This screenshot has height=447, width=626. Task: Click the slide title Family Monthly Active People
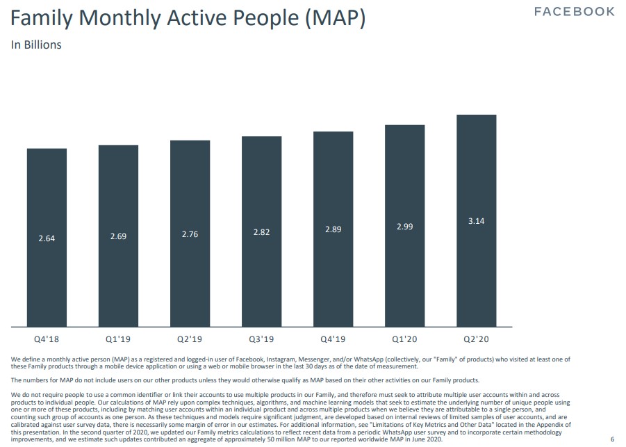[188, 18]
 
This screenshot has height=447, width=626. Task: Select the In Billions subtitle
[36, 44]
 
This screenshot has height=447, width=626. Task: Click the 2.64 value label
[47, 238]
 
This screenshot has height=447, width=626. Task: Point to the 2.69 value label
[118, 236]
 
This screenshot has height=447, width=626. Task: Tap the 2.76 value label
[190, 234]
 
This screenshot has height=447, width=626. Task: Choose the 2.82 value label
[261, 232]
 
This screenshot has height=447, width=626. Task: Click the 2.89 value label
[333, 229]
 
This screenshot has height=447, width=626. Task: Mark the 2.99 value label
[404, 227]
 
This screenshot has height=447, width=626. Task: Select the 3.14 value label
[476, 221]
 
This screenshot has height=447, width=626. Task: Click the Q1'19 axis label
[118, 340]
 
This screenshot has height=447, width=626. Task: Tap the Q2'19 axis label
[190, 340]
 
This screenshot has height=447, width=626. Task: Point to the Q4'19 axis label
[333, 340]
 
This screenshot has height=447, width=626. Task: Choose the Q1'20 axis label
[404, 340]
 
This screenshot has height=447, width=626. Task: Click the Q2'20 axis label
[476, 340]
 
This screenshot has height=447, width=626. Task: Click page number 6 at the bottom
[612, 439]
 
